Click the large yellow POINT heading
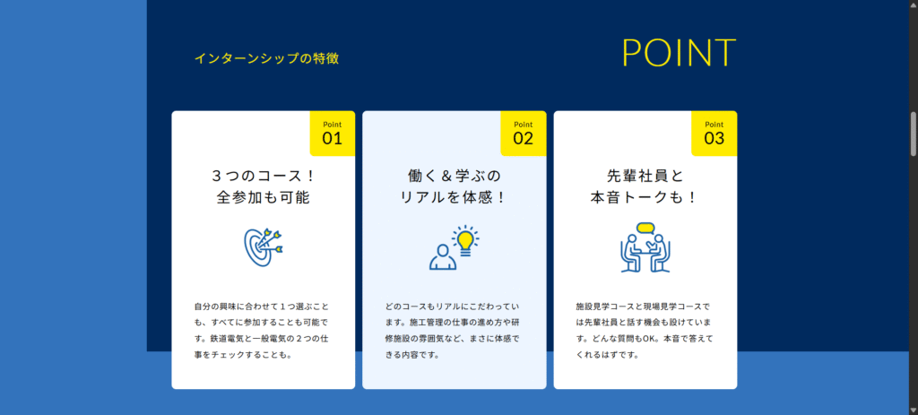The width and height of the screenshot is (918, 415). (679, 54)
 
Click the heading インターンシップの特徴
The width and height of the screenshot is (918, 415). (266, 59)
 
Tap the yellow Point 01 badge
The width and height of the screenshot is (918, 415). (333, 133)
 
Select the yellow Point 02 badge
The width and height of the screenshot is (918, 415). (523, 133)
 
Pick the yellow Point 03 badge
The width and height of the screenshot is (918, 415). (714, 133)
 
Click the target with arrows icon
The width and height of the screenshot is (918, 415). (263, 246)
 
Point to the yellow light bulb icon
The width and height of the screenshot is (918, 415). (464, 240)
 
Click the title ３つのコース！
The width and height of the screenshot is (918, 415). (264, 175)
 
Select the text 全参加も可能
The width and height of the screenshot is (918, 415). (264, 197)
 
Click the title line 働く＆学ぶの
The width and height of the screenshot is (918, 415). (455, 175)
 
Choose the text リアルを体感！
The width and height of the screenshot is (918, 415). (455, 197)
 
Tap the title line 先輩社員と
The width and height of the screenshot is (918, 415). (645, 175)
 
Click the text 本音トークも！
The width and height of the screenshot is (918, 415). (645, 197)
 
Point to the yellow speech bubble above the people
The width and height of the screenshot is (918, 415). (645, 227)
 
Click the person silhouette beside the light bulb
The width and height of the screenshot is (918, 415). (443, 256)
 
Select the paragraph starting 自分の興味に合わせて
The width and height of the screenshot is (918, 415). (264, 330)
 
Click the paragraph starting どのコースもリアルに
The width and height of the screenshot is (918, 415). (455, 330)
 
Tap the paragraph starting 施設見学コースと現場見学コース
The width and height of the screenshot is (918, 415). (645, 330)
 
